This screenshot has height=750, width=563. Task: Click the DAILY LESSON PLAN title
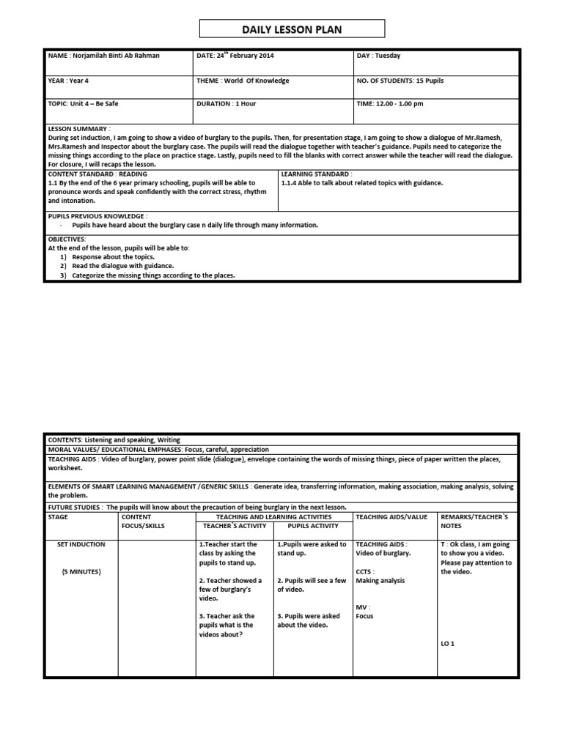point(292,29)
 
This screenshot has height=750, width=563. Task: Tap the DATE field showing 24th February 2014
point(235,56)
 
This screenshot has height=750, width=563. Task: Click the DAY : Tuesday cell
point(378,56)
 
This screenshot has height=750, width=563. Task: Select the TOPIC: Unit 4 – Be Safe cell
point(83,104)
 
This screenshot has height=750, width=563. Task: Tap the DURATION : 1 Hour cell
point(227,104)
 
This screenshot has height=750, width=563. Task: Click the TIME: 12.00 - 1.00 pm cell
point(390,104)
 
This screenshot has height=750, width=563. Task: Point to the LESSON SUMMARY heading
point(79,128)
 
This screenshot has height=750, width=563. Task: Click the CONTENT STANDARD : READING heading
point(97,174)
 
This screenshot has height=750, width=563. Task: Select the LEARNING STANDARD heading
point(317,174)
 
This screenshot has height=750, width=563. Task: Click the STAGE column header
point(58,516)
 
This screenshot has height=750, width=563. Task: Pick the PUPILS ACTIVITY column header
point(313,526)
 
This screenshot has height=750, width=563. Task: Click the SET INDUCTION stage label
point(81,544)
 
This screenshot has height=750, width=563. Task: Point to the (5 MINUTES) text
point(81,571)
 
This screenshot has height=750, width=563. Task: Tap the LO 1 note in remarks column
point(448,644)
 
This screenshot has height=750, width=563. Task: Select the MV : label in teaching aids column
point(364,607)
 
